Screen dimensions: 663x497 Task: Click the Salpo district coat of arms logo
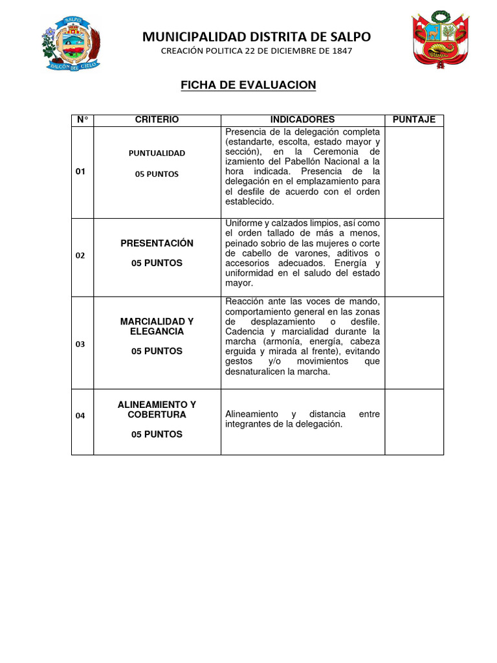[71, 41]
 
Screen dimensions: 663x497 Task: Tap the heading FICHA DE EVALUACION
[248, 85]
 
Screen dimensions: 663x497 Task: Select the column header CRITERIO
[157, 120]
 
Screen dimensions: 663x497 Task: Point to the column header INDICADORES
[302, 120]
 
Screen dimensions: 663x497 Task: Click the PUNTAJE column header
[414, 120]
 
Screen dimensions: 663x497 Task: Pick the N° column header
[82, 120]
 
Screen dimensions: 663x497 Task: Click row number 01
[80, 172]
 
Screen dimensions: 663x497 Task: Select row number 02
[80, 255]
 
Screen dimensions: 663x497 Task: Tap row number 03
[80, 344]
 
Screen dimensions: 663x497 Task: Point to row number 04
[80, 416]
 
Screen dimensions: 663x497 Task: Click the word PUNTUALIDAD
[157, 153]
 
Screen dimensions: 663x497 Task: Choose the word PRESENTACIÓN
[157, 243]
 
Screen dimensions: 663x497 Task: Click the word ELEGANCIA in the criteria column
[157, 331]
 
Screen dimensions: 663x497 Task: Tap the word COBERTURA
[157, 414]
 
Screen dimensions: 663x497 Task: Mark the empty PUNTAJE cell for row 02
[414, 257]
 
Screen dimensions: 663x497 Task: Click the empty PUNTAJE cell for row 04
[414, 421]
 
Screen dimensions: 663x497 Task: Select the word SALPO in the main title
[349, 36]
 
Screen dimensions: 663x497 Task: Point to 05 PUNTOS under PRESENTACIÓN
[157, 264]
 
